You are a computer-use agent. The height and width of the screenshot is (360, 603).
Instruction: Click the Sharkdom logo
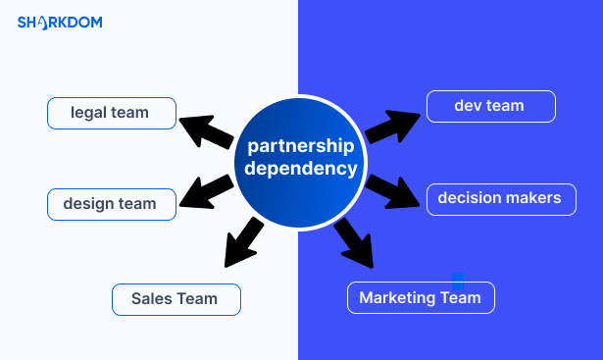point(60,22)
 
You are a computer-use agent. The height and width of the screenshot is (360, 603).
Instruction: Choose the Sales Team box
point(176,299)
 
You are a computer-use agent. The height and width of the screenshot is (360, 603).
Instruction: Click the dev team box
point(490,106)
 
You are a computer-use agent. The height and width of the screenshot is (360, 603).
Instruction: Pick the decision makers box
point(500,198)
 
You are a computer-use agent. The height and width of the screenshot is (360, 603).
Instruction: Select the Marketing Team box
point(421,297)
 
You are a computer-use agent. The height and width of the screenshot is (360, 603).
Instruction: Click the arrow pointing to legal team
point(206,130)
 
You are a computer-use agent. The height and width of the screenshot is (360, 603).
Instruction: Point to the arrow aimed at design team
point(209,192)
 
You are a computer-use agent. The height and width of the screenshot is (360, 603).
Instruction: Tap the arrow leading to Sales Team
point(241,242)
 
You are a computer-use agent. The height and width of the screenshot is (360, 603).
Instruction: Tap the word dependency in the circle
point(300,169)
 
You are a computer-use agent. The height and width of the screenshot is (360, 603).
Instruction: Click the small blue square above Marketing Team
point(458,279)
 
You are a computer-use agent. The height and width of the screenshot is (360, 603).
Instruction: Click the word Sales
point(152,299)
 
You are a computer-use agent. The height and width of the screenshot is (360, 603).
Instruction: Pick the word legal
point(88,113)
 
